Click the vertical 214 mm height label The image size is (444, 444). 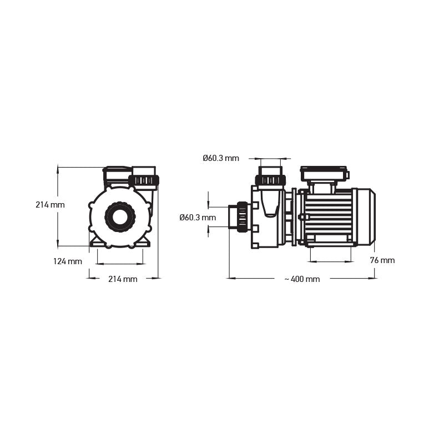point(50,204)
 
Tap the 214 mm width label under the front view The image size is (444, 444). point(123,279)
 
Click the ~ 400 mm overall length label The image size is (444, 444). point(302,279)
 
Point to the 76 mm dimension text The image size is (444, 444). point(382,260)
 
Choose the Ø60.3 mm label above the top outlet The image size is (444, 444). point(220,158)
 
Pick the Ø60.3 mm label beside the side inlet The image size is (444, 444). point(198,218)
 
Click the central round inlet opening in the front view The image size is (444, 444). point(119,216)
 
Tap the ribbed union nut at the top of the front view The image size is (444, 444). point(144,180)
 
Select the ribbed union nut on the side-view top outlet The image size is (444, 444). point(270,180)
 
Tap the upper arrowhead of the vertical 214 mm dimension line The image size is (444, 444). point(58,170)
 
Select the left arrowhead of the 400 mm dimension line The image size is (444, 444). point(231,278)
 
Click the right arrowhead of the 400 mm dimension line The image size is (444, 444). point(373,278)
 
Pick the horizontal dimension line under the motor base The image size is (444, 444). point(331,261)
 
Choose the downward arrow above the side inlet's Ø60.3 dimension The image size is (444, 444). point(209,203)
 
